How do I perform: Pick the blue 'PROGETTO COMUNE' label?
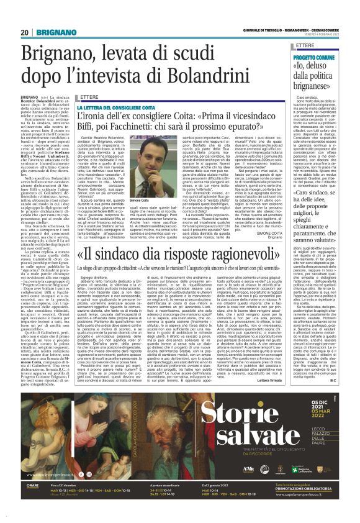(316, 57)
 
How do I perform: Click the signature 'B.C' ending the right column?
(349, 413)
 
